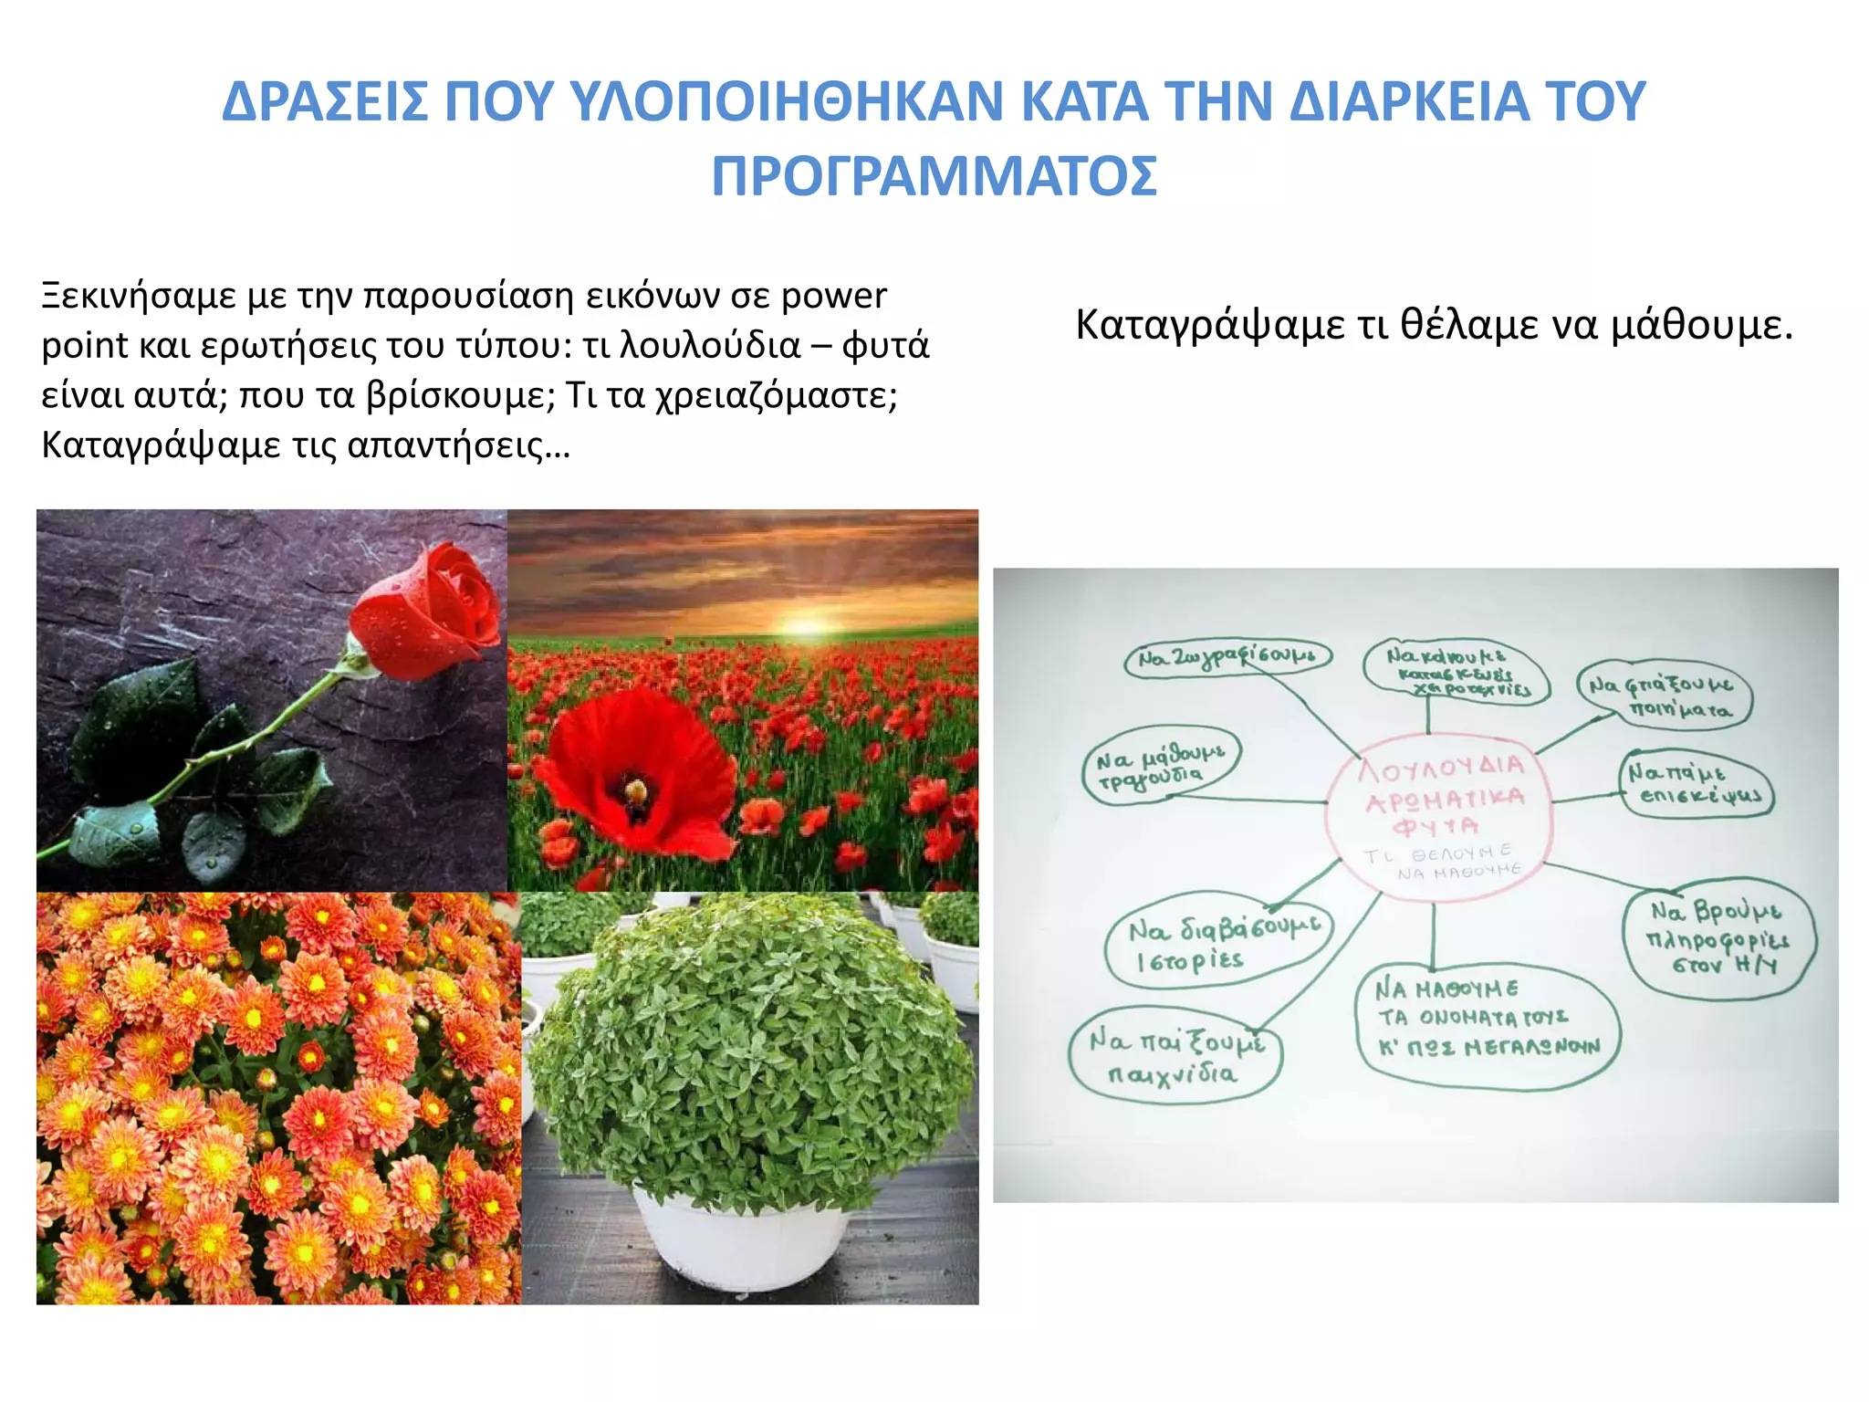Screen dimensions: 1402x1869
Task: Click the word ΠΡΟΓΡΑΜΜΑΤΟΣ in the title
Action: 934,177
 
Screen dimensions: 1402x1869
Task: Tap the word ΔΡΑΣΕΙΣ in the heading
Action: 325,101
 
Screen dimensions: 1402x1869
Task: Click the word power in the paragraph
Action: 833,296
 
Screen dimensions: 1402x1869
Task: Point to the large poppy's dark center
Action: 634,790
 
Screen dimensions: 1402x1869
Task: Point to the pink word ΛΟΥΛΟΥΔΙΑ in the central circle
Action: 1441,768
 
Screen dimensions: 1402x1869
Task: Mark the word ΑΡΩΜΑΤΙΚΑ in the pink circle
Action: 1444,800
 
